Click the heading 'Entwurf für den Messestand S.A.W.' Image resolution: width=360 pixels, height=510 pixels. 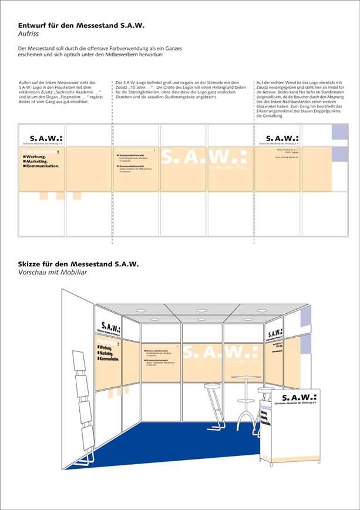[81, 26]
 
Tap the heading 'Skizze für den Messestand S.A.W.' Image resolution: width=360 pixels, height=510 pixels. [79, 264]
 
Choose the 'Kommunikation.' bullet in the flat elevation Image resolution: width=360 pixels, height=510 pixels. [42, 166]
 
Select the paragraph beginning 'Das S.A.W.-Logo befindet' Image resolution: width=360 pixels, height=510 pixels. [182, 89]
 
